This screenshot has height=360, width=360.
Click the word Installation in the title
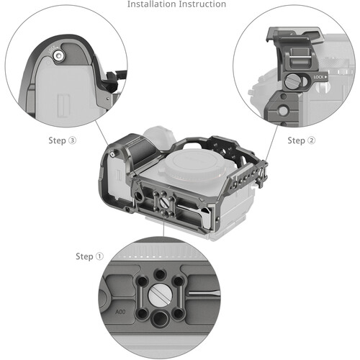click(152, 4)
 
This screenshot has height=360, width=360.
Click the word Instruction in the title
click(202, 4)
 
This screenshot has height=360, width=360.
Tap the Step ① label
click(90, 256)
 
